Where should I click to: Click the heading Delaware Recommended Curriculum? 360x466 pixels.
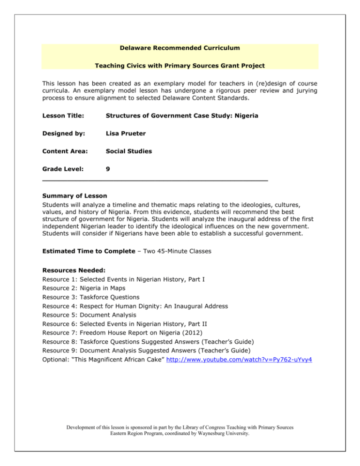click(x=180, y=48)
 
